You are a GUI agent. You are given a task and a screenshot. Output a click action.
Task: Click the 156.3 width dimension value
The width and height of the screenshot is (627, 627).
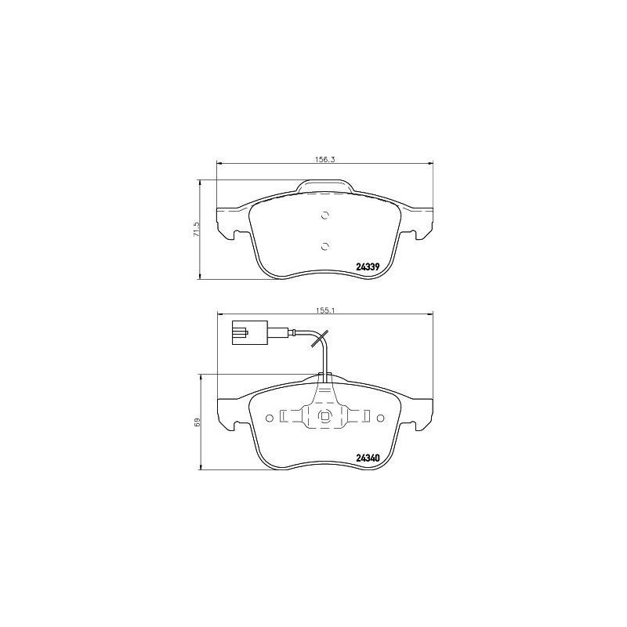pos(324,159)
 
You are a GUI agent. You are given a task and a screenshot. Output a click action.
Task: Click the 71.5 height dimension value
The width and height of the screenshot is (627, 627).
pos(197,230)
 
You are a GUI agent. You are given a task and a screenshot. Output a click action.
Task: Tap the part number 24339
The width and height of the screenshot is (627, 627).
pos(368,267)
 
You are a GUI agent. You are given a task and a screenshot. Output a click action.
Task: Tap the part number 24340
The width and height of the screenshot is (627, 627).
pos(368,458)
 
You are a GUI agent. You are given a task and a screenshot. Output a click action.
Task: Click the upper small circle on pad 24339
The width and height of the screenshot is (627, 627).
pos(325,216)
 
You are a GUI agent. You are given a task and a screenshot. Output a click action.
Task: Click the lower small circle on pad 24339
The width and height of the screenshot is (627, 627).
pos(325,245)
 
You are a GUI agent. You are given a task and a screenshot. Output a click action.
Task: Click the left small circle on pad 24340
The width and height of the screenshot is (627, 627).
pos(270,417)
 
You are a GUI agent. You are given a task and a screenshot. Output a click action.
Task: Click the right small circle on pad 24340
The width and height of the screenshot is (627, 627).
pos(381,417)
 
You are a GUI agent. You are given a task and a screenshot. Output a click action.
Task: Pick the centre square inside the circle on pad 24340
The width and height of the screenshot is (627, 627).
pos(325,417)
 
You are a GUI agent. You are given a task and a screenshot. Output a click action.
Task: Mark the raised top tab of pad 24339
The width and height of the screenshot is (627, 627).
pos(324,187)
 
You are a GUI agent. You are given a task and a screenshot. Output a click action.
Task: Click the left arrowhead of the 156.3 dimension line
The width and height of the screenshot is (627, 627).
pos(219,164)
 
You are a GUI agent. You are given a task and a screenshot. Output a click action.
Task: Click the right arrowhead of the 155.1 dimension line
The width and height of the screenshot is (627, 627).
pos(429,315)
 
